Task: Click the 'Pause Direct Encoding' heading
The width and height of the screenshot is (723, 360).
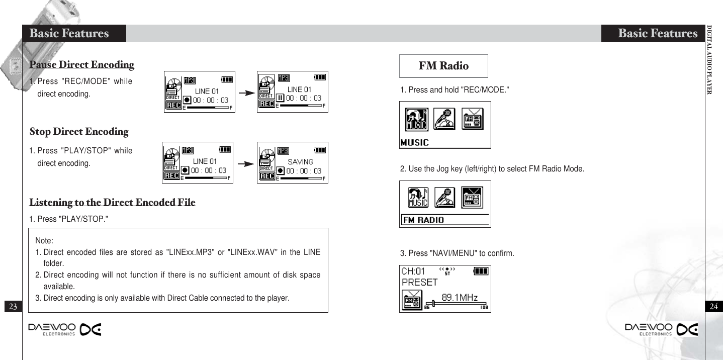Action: click(82, 65)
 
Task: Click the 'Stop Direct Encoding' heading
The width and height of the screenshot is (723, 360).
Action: click(79, 132)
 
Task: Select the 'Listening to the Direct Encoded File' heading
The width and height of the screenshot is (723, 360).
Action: click(112, 203)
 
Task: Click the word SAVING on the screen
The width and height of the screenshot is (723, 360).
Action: click(300, 162)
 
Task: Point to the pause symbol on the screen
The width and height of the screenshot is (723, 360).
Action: click(281, 99)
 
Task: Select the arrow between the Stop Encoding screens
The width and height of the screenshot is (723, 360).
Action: click(245, 164)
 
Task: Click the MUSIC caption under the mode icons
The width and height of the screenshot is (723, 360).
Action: click(415, 143)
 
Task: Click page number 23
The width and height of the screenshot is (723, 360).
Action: click(13, 306)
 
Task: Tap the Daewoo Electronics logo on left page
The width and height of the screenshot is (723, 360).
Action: click(65, 329)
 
